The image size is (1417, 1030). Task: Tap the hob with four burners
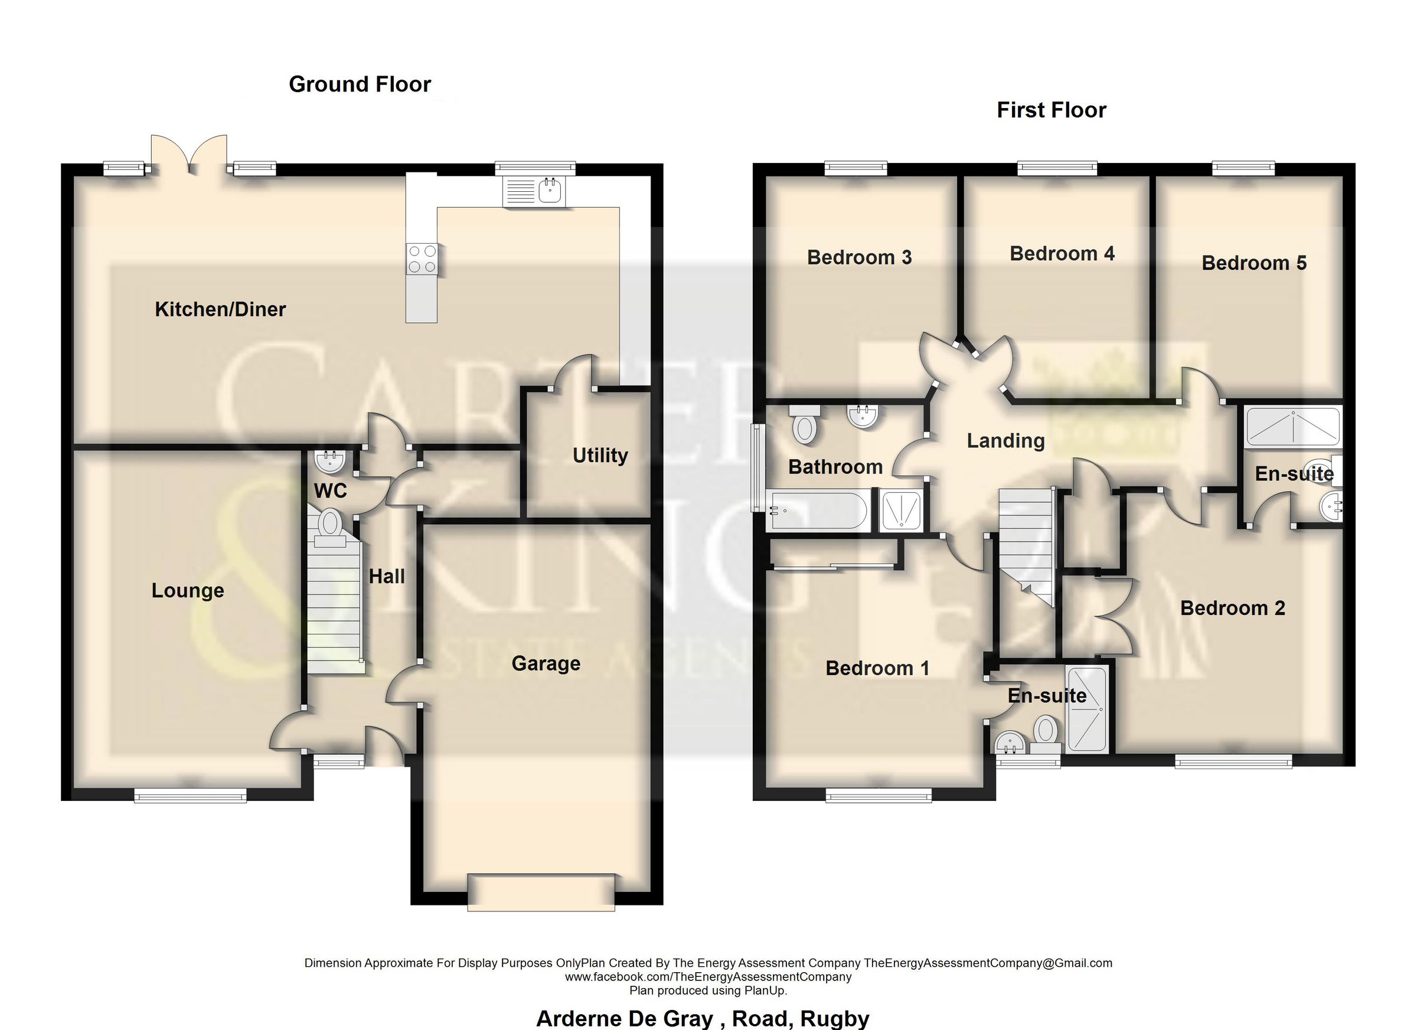422,259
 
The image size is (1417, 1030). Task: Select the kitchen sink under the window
534,191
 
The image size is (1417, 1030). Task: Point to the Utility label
600,455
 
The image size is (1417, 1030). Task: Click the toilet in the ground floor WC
330,525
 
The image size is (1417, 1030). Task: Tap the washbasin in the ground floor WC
330,462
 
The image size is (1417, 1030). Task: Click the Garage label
546,663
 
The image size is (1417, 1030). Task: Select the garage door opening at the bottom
541,892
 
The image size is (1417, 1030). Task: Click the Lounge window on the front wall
191,795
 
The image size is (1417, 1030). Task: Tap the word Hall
386,577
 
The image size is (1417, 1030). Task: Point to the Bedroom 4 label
1062,254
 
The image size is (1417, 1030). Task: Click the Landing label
1005,441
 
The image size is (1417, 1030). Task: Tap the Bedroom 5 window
1243,168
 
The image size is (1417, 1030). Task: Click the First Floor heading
1051,110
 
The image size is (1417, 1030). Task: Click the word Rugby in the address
834,1018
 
